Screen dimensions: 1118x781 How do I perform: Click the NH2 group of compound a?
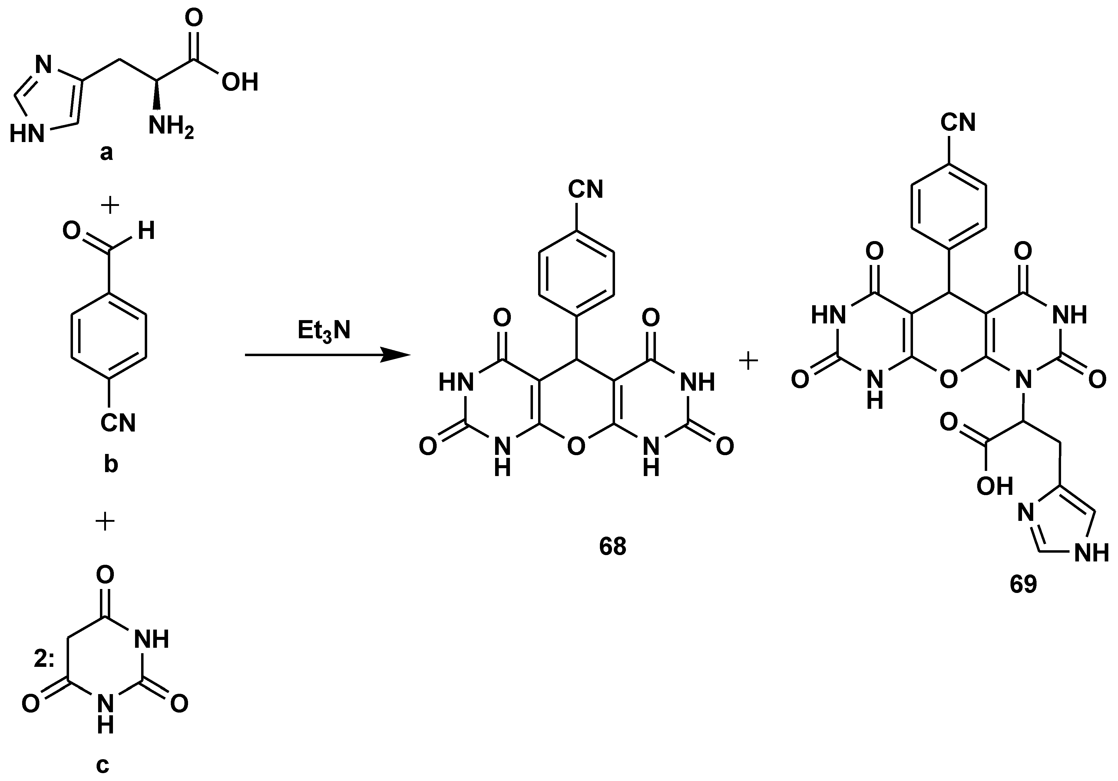[171, 127]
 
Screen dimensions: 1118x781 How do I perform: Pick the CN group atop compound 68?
[586, 189]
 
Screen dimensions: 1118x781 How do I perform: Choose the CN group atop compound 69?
[958, 123]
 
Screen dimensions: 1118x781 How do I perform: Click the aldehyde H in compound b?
[146, 231]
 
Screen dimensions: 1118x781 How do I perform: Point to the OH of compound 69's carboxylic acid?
[995, 486]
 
